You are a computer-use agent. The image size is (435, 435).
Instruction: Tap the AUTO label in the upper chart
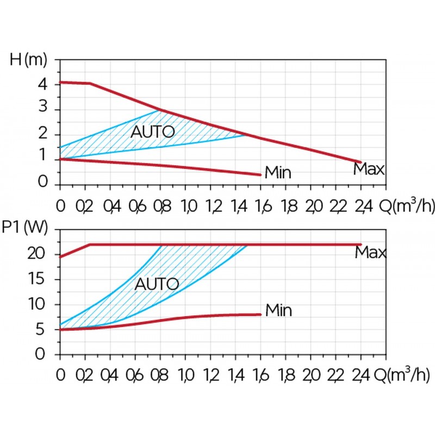click(x=153, y=132)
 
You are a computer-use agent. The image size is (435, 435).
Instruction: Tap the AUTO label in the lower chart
click(x=157, y=284)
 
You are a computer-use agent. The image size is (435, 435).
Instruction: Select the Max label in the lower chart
click(x=370, y=253)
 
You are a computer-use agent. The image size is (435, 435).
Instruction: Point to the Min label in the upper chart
click(x=278, y=173)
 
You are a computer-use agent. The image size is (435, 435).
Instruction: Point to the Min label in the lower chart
click(x=278, y=310)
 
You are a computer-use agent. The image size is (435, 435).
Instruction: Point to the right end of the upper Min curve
click(x=260, y=175)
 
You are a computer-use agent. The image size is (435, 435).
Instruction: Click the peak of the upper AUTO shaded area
click(x=159, y=110)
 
